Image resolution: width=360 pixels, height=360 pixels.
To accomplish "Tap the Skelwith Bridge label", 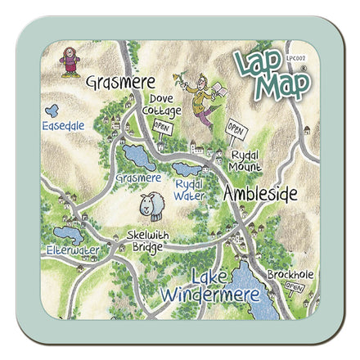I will pos(148,241).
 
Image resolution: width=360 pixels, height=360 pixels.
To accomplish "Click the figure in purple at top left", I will pos(70,61).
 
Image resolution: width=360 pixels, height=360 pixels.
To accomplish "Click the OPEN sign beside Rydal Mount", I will pos(236,130).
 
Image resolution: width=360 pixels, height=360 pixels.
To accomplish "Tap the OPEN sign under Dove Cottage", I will pos(162,127).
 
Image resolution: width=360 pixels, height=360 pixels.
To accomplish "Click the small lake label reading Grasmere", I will pos(138,178).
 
